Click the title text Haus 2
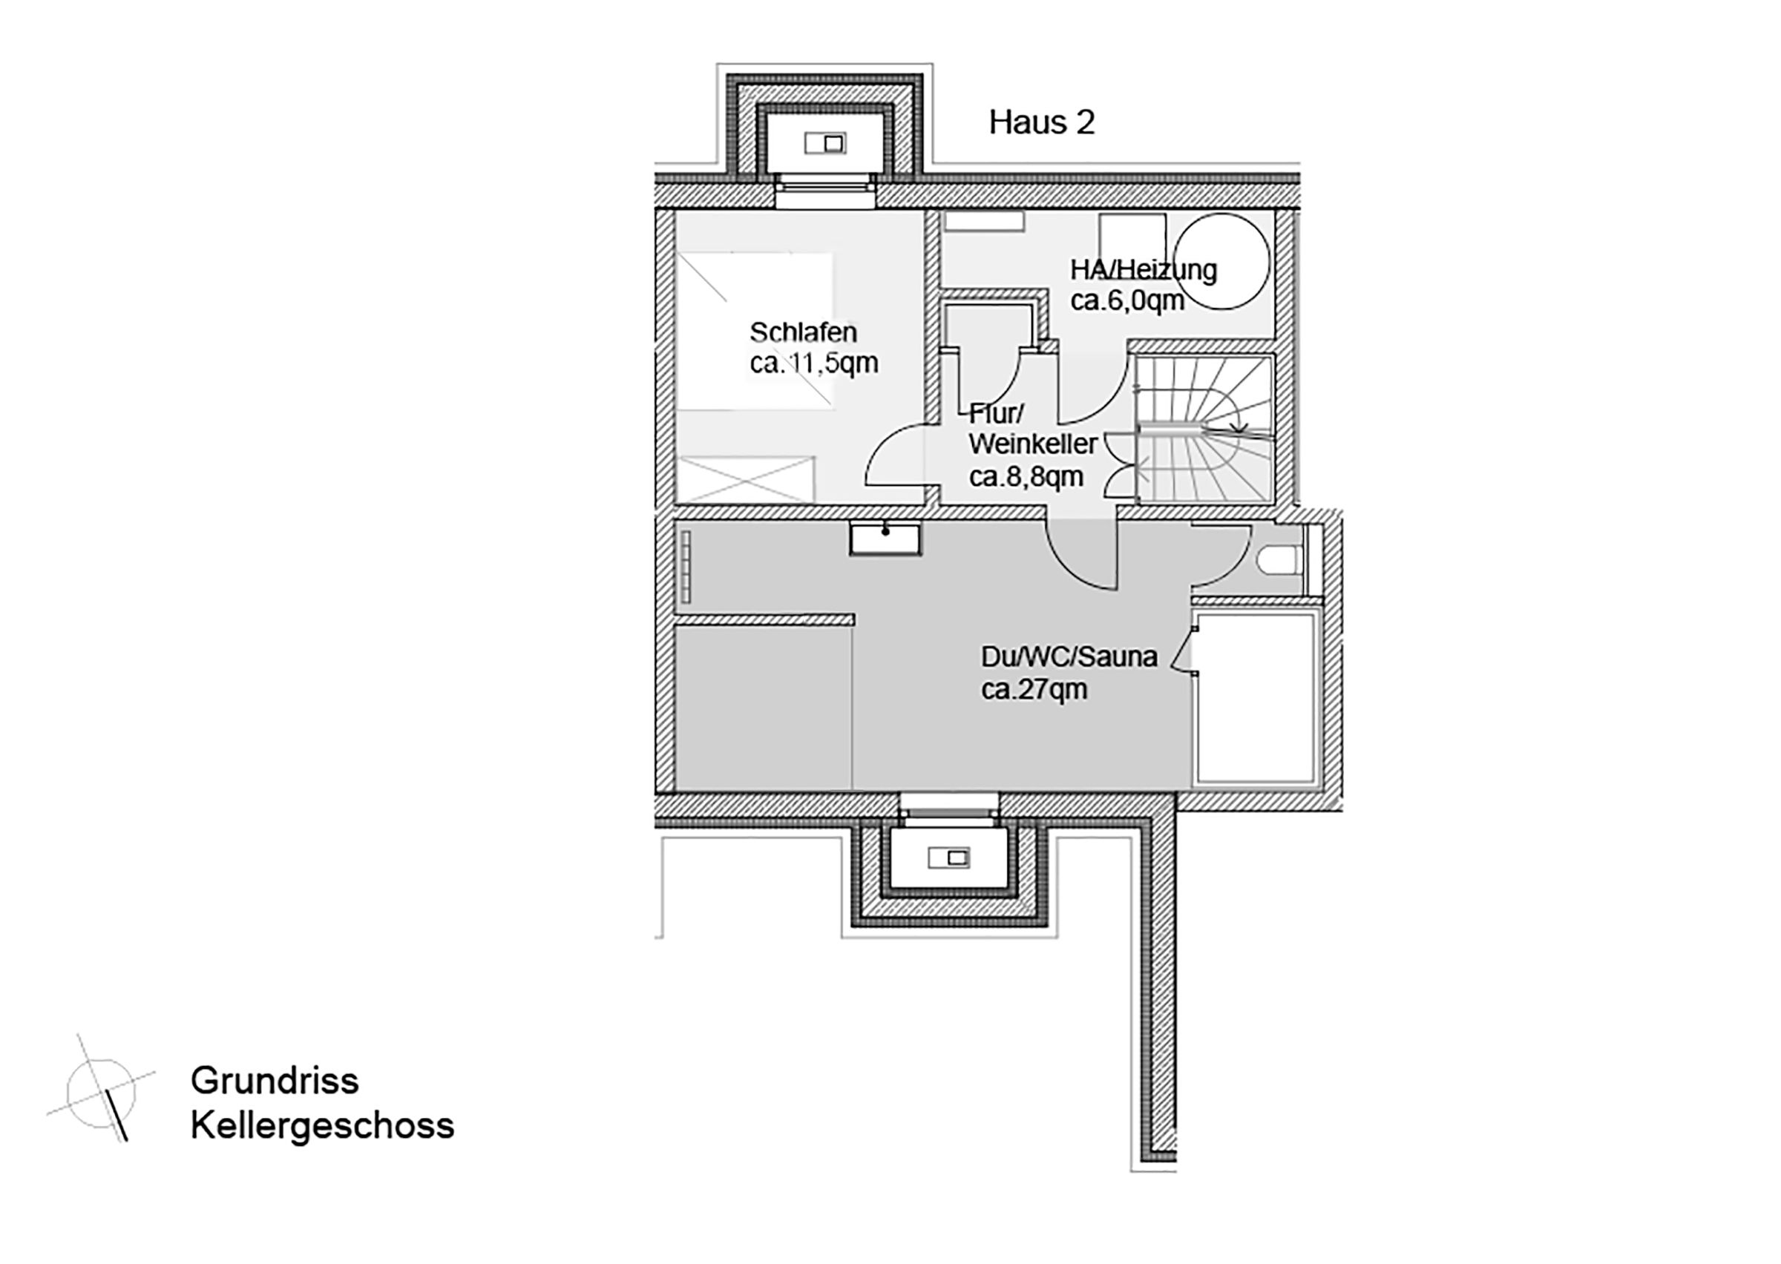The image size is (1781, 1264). [1041, 123]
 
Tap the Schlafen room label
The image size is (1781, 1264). [804, 332]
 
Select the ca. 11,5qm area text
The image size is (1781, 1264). [813, 363]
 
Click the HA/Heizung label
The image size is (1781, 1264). [1143, 270]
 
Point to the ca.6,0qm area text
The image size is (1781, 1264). [1127, 300]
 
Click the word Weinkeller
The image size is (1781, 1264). [1033, 444]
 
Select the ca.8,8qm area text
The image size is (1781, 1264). [1026, 476]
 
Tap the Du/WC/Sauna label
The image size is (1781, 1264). [1069, 657]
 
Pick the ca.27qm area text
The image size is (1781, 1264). [1034, 690]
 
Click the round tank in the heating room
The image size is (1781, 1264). [1221, 261]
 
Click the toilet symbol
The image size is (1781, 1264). [1278, 559]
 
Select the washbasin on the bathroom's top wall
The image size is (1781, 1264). [885, 539]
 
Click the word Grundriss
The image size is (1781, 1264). [274, 1081]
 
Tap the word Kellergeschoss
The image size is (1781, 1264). [322, 1125]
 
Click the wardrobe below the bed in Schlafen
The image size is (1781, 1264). [745, 479]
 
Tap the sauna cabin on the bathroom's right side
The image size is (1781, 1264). [1256, 697]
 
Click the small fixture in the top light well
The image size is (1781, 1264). [825, 143]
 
